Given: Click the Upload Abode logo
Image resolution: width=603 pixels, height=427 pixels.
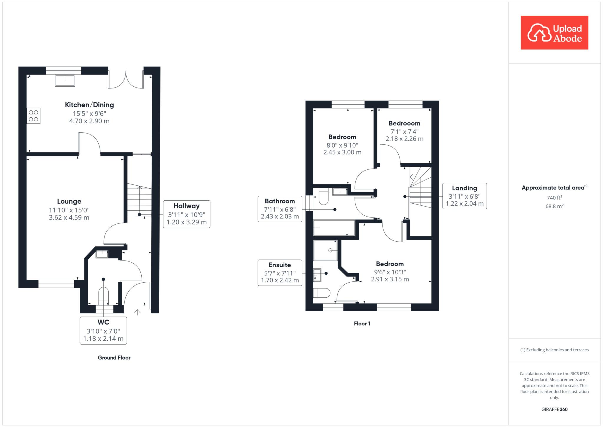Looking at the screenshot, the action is [554, 33].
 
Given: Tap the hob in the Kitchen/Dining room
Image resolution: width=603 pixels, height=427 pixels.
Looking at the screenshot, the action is [34, 116].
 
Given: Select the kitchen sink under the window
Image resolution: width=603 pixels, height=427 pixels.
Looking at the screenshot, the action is [65, 80].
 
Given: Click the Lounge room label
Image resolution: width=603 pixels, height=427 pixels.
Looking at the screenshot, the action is [69, 201].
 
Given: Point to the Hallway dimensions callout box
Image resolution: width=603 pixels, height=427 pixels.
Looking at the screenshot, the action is [187, 214].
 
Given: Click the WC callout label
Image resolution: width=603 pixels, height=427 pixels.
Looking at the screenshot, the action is [103, 322].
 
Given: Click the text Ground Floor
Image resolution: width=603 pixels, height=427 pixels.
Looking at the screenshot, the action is [114, 357].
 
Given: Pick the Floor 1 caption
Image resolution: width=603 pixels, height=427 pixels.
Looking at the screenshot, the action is [362, 324].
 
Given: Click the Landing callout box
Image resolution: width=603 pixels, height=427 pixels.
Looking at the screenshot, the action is [465, 196].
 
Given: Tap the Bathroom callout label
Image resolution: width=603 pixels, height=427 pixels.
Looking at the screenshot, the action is [280, 201].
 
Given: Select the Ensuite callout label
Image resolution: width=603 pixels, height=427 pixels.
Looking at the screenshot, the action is [280, 265].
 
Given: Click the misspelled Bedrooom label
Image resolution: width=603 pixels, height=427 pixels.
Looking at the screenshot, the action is [404, 123].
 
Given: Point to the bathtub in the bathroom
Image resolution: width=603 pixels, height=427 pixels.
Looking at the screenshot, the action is [334, 228].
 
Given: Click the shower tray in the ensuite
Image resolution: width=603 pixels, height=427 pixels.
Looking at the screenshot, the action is [325, 250].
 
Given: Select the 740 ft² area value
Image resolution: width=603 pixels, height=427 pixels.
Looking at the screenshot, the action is [554, 197].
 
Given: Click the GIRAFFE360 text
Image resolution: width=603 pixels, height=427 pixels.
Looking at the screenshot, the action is [554, 409].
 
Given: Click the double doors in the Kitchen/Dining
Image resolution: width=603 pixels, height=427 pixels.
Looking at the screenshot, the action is [126, 80].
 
